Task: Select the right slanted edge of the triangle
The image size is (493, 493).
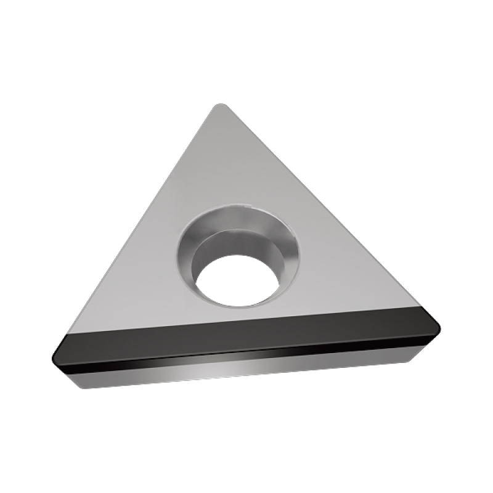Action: click(327, 210)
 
